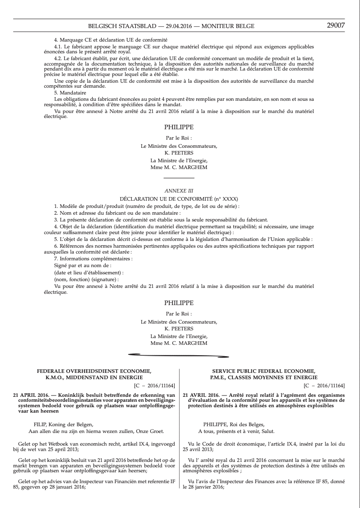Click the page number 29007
coord(336,25)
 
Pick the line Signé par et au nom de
coord(82,265)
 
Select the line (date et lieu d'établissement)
coord(89,273)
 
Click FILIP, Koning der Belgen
coord(64,424)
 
